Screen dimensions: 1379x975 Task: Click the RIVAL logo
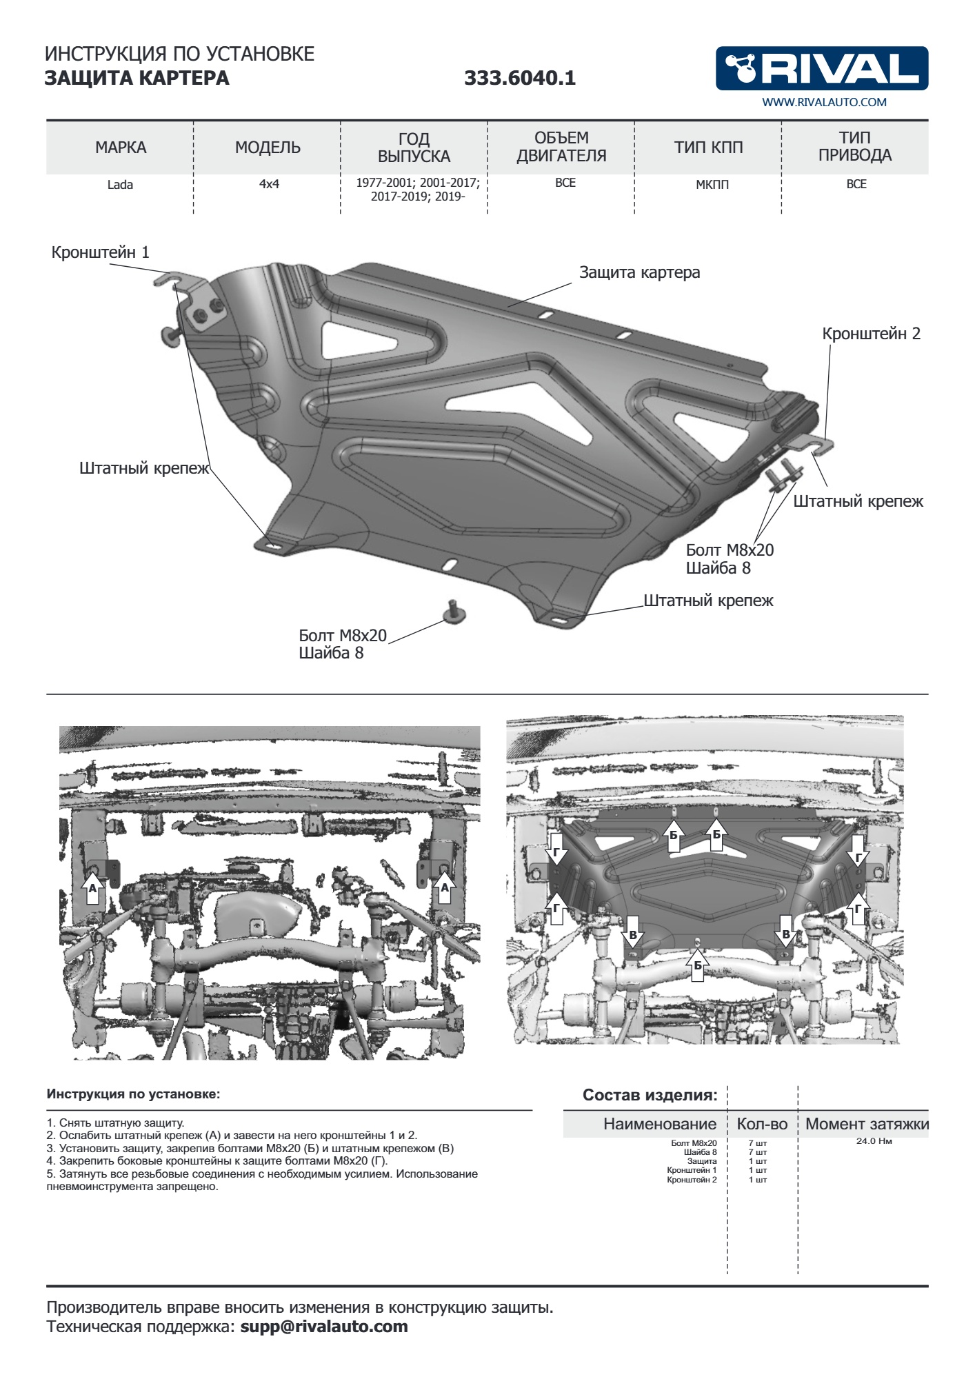pos(821,68)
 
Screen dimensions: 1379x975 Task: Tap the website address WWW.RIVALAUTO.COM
pos(824,102)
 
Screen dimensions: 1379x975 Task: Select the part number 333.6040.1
pos(519,78)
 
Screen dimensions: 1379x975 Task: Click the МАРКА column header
pos(121,147)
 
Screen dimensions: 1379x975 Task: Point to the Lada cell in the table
pos(120,185)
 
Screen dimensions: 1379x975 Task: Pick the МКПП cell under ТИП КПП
pos(712,185)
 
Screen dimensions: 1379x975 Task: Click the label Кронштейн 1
pos(100,252)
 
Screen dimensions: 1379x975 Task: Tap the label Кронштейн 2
pos(871,334)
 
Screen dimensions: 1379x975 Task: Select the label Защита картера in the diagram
pos(639,272)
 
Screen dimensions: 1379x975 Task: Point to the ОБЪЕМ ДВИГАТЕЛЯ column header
pos(561,147)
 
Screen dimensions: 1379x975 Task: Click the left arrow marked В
pos(633,932)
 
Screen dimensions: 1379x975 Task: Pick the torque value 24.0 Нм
pos(874,1141)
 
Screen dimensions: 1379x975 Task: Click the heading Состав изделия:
pos(650,1095)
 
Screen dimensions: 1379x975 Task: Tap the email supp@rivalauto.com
pos(324,1327)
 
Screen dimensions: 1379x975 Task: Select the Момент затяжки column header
pos(867,1124)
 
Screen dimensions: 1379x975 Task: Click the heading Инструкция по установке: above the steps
pos(133,1094)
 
